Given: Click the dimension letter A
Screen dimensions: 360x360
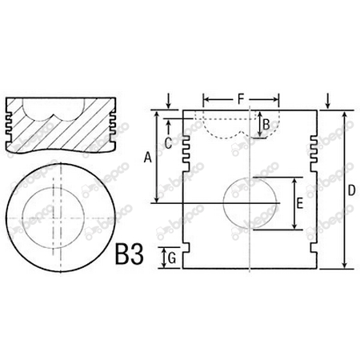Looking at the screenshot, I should click(146, 158).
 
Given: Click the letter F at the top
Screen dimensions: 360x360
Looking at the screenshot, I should click(241, 98).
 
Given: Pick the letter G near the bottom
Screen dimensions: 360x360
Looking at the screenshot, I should click(169, 258).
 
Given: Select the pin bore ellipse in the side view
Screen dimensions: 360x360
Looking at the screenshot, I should click(250, 204).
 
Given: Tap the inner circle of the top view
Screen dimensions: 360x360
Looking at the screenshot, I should click(58, 216).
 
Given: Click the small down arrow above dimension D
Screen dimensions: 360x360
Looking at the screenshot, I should click(329, 100).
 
